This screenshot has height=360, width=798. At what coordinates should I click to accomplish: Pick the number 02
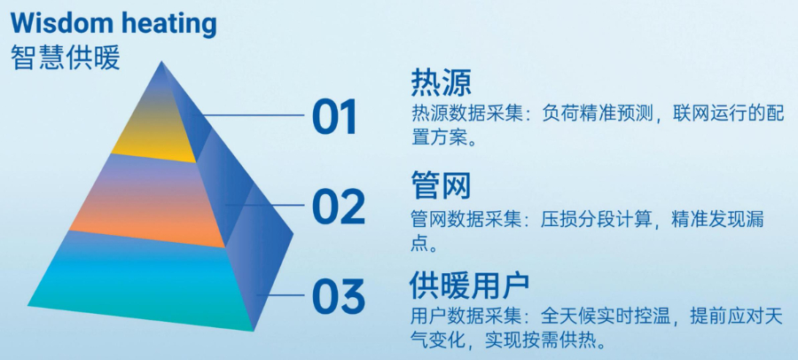pos(338,207)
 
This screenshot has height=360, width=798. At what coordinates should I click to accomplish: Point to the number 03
pos(338,296)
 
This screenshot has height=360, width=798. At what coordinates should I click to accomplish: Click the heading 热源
pos(441,82)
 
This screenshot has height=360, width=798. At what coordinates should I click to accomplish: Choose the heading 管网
pos(441,185)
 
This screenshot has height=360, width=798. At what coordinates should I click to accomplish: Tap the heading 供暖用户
pos(470,286)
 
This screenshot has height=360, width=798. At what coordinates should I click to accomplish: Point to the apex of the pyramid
pos(162,63)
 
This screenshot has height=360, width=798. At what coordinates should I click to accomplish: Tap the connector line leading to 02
pos(266,206)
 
